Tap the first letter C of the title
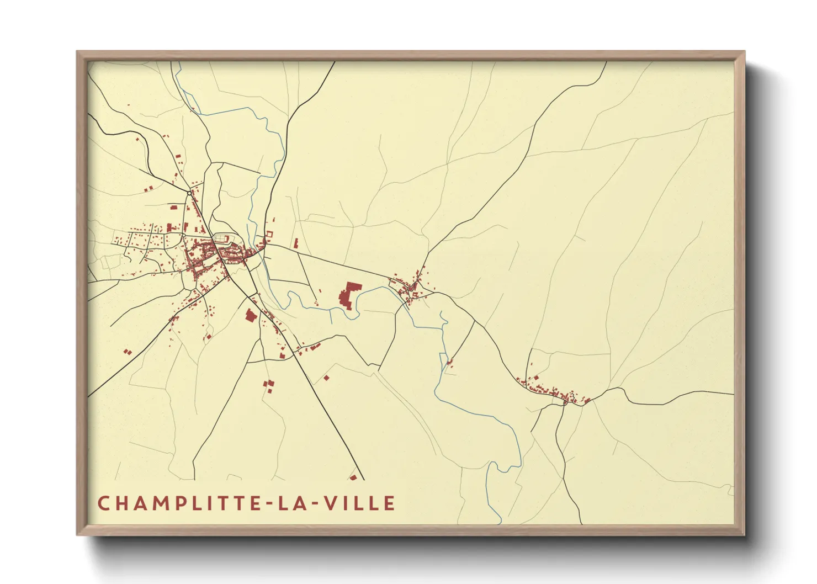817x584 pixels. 103,503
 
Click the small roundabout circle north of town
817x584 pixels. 189,193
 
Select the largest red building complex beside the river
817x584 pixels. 349,296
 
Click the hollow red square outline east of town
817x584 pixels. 269,234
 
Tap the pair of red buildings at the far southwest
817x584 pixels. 128,351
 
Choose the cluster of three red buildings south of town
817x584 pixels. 269,386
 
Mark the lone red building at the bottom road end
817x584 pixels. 353,477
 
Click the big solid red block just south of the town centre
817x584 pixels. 251,315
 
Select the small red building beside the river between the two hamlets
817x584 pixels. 449,363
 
